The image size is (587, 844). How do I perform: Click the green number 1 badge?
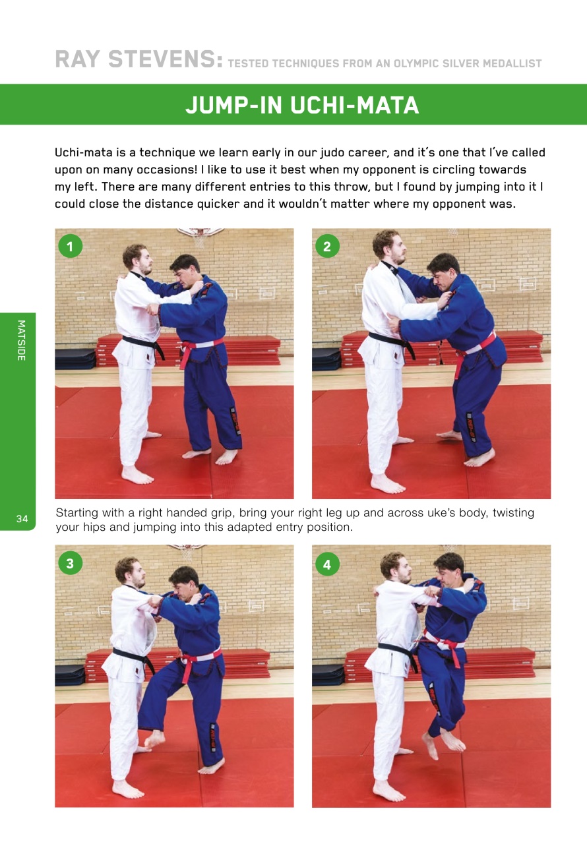[69, 247]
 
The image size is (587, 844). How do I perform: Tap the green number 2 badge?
[326, 247]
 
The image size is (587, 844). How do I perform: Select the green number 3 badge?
[69, 563]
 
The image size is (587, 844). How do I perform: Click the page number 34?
[22, 520]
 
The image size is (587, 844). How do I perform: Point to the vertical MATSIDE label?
[20, 341]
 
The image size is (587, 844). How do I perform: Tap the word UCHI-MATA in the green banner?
[354, 105]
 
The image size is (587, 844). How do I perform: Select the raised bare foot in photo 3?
[154, 739]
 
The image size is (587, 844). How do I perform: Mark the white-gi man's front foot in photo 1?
[137, 475]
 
